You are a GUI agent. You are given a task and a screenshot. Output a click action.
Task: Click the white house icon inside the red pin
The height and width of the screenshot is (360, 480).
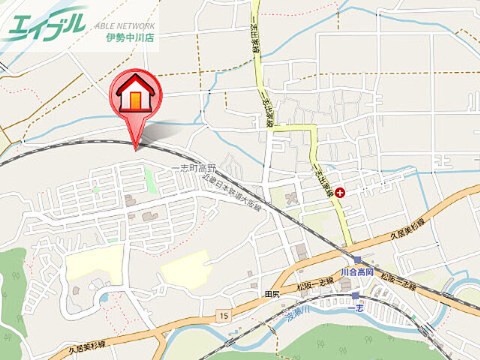pos(136,93)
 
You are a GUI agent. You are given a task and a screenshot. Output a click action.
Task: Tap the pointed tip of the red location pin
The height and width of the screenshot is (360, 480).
pos(136,148)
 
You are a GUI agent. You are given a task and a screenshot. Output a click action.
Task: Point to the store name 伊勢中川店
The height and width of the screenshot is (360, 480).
pos(130,37)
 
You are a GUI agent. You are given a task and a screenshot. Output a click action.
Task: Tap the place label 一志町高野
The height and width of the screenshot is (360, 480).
pos(193,168)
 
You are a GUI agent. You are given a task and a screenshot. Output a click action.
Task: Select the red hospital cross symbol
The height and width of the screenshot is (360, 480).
pos(341,193)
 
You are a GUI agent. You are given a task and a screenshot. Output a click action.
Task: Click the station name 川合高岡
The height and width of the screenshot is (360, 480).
pos(356,271)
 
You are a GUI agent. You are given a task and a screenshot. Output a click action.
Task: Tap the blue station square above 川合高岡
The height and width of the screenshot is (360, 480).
pos(357,260)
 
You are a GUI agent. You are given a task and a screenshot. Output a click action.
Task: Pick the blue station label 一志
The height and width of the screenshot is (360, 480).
pos(357,307)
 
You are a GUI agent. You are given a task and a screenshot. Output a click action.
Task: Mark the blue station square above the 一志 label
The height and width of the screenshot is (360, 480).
pos(355,296)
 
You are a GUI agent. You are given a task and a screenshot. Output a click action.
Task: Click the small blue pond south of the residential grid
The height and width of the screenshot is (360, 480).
pos(103,297)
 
